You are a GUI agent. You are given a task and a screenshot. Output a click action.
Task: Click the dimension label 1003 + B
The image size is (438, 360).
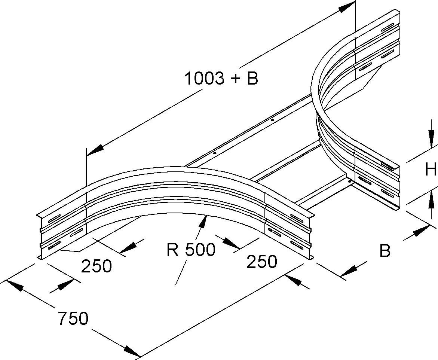tap(221, 79)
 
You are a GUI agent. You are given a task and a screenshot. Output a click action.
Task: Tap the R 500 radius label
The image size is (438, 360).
tap(191, 250)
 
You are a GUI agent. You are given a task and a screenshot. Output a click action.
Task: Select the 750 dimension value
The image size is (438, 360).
tap(73, 318)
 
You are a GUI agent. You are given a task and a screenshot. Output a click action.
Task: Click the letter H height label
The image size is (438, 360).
tap(431, 170)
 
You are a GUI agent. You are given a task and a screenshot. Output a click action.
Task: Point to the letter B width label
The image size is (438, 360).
tap(385, 251)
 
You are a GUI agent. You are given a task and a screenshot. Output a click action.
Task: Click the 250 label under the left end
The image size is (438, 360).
tap(97, 266)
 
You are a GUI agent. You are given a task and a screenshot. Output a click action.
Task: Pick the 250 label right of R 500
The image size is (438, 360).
tap(261, 262)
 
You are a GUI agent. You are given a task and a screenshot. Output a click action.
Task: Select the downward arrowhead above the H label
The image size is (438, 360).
tap(431, 140)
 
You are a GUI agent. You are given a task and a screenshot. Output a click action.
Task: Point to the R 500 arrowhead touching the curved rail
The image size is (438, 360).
tap(203, 222)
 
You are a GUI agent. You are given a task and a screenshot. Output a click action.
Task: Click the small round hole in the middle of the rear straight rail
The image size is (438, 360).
tap(272, 120)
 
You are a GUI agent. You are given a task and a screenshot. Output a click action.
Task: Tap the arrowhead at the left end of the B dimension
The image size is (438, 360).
tap(348, 272)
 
